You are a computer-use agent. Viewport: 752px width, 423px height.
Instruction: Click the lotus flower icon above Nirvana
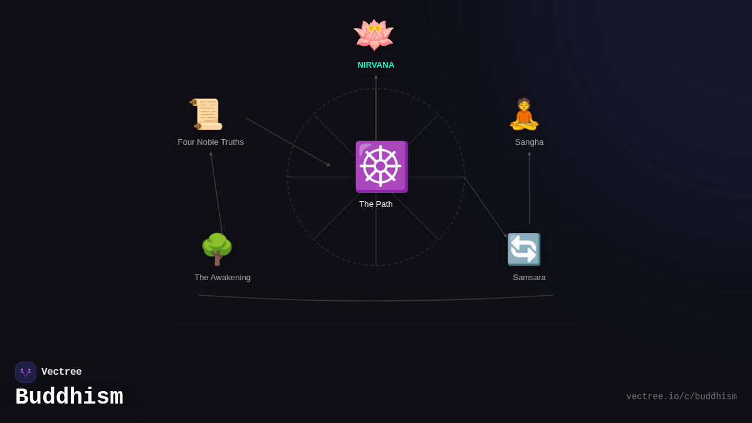coord(373,34)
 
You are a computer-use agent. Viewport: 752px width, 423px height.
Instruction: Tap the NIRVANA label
coord(376,65)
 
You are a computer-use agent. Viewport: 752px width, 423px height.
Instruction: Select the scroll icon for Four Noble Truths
coord(207,114)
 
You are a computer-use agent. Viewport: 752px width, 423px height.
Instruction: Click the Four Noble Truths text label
coord(211,142)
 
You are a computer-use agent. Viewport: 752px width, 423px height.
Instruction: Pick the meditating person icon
coord(524,114)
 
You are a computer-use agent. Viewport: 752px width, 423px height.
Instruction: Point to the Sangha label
coord(530,142)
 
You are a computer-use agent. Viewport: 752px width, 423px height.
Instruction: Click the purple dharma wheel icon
coord(381,167)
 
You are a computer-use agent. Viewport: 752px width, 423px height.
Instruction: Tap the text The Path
coord(376,204)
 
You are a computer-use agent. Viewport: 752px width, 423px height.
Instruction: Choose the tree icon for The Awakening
coord(217,249)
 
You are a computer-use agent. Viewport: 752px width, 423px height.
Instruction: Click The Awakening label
coord(222,278)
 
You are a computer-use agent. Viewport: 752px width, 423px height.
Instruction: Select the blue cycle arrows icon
coord(524,249)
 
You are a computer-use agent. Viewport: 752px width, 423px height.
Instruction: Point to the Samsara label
coord(530,278)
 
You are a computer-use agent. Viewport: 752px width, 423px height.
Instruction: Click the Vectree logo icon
coord(26,372)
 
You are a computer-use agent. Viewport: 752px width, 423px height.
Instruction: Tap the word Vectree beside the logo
coord(61,372)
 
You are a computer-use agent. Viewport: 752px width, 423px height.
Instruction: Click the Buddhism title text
coord(69,397)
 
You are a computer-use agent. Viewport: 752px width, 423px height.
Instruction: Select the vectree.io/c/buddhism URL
coord(681,397)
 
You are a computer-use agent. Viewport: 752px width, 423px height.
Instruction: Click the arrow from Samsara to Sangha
coord(530,188)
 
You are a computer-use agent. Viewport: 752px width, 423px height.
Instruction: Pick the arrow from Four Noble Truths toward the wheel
coord(288,142)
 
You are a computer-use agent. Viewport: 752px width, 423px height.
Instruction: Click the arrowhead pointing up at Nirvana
coord(376,77)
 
